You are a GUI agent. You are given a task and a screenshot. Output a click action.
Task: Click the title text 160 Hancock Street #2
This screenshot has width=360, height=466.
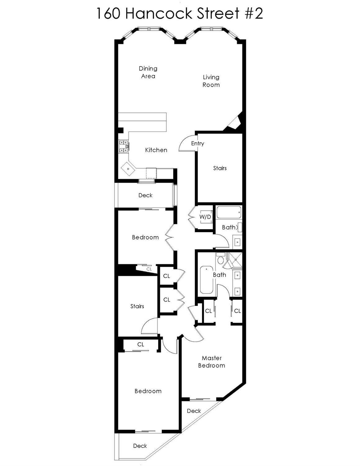click(180, 14)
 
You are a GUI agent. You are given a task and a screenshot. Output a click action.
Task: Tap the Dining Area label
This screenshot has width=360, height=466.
click(148, 72)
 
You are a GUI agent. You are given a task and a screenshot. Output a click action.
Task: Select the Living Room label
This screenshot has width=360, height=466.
click(211, 81)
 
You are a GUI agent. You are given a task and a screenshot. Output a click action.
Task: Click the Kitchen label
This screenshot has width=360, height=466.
click(156, 150)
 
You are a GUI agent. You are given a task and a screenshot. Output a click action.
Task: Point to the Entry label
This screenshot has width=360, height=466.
click(198, 143)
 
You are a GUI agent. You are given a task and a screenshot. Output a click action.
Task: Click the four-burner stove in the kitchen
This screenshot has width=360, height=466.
click(124, 146)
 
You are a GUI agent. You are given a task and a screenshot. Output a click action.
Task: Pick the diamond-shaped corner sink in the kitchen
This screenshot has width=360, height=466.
click(128, 169)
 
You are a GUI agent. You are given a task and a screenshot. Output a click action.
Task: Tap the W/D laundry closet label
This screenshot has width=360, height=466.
click(205, 217)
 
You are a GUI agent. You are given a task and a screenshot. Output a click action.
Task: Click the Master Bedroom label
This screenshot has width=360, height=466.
click(212, 362)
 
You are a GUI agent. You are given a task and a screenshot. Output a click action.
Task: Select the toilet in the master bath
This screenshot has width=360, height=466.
click(221, 259)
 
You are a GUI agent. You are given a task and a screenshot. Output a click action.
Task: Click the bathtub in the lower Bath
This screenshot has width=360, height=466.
click(206, 280)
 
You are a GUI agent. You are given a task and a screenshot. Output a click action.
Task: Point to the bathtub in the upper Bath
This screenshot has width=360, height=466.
click(229, 213)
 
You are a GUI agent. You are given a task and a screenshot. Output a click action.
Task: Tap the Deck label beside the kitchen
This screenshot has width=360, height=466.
click(145, 195)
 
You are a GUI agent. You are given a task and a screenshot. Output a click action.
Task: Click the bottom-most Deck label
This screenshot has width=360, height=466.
click(140, 446)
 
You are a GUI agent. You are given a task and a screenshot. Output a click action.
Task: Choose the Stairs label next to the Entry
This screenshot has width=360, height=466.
click(220, 168)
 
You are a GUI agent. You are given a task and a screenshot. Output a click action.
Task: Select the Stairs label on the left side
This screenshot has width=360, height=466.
click(137, 306)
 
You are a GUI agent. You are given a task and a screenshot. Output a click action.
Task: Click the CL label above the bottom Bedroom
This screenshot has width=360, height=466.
click(141, 344)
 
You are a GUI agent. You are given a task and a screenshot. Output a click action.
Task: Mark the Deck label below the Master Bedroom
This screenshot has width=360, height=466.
click(194, 411)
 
